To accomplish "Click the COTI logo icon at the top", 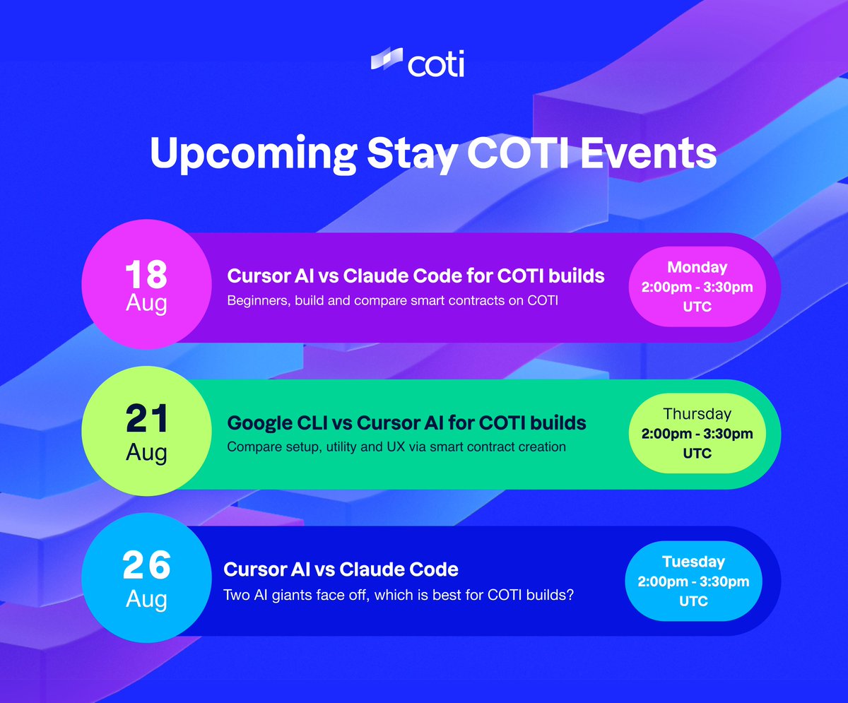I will (386, 61).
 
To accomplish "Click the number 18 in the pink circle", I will (146, 276).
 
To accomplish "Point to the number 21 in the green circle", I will (147, 421).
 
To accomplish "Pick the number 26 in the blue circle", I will (146, 566).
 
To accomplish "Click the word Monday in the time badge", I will (697, 267).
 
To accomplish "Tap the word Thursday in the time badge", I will (697, 413).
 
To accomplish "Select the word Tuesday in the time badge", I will (693, 562).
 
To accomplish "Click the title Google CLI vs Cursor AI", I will (406, 423).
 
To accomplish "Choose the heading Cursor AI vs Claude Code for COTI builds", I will (416, 276).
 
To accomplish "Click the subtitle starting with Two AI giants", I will (398, 595).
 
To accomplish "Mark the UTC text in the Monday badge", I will (697, 308).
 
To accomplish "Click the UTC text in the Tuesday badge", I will (693, 602).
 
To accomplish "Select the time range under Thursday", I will (697, 433).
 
